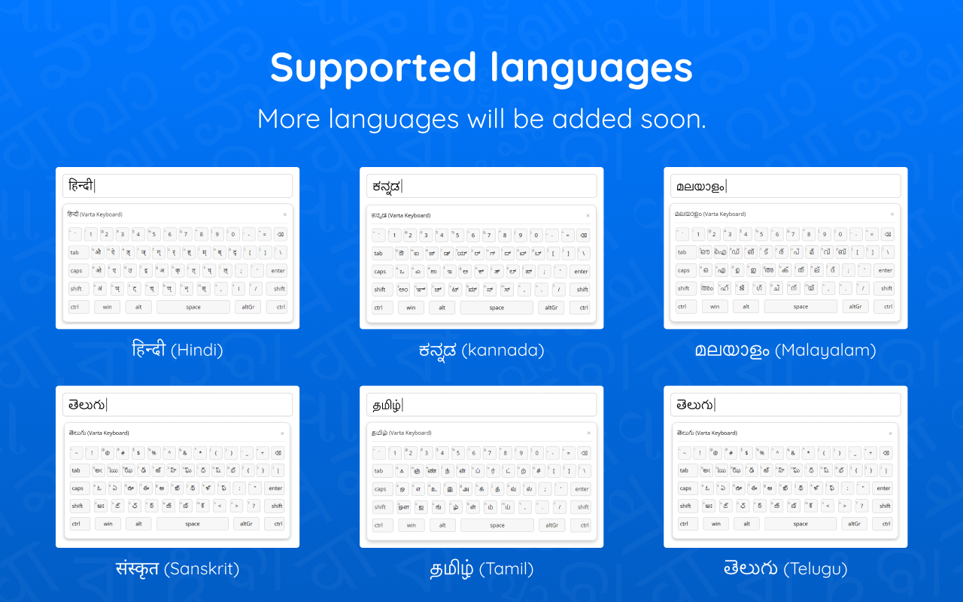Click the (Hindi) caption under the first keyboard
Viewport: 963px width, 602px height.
196,350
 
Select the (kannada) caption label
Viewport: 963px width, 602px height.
503,350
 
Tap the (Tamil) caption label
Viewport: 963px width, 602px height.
506,569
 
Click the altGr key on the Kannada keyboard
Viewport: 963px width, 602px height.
551,307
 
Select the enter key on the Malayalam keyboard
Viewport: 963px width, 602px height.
885,270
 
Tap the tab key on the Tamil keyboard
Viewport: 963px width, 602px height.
378,471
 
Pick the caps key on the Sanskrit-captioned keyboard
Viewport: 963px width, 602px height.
77,488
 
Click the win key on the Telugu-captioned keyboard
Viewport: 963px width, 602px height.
715,524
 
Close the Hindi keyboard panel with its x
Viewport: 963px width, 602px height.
284,214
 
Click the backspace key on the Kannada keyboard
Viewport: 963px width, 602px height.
583,235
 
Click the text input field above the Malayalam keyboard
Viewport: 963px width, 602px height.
785,186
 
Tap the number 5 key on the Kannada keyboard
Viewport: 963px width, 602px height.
457,235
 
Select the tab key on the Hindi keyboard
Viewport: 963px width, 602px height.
75,253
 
